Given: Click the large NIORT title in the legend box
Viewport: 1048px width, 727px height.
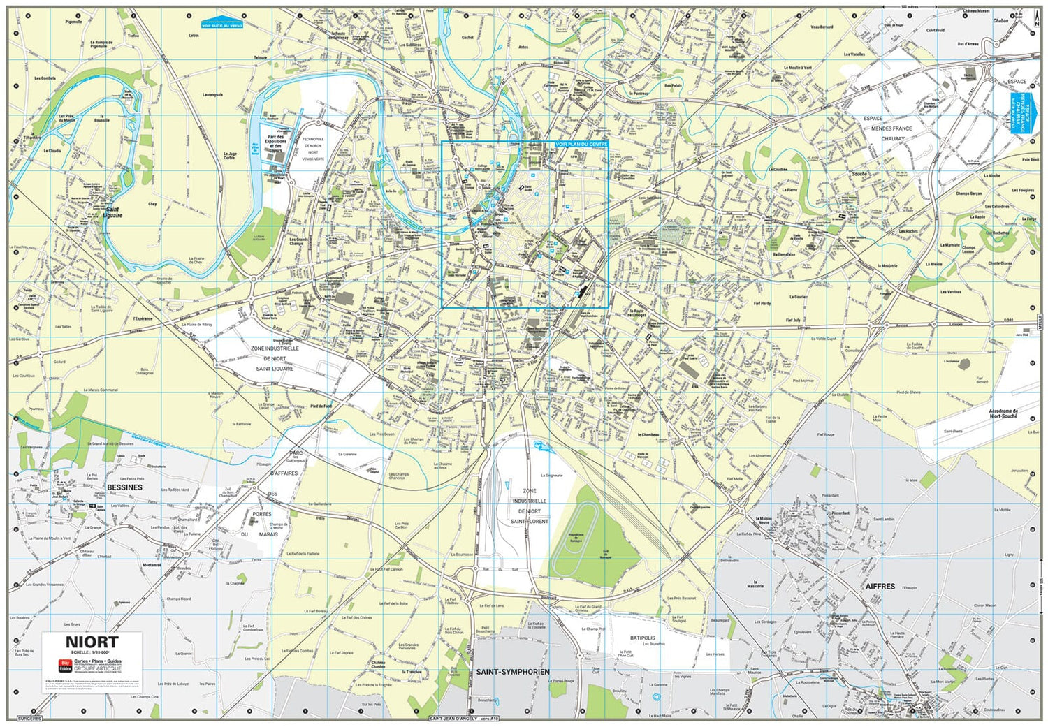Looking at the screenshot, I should point(92,642).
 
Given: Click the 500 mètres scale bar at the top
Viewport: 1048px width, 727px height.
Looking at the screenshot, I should point(909,7).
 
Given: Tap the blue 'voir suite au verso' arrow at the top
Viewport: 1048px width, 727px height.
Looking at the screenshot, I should point(221,22).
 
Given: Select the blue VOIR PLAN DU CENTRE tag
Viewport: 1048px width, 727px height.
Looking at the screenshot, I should point(581,145).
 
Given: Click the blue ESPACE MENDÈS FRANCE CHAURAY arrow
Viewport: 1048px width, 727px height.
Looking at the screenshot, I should point(1019,112).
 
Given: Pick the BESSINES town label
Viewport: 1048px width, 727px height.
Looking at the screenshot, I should point(124,487).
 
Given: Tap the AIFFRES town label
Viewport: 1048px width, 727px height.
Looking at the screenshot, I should point(880,587).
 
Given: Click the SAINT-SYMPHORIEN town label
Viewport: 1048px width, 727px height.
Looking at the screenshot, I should point(513,672).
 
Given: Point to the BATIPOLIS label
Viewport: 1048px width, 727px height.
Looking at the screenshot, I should point(642,638).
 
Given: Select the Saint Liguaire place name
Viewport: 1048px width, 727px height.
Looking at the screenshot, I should point(112,212).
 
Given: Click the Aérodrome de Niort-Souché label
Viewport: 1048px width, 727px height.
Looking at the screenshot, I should point(1003,413).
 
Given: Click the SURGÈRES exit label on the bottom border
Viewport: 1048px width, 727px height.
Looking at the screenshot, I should point(30,718).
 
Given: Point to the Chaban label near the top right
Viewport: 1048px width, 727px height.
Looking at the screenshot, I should point(1000,21).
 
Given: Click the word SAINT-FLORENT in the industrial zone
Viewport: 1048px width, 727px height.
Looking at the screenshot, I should point(529,522).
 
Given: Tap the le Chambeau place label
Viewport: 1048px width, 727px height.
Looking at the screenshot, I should point(648,435).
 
